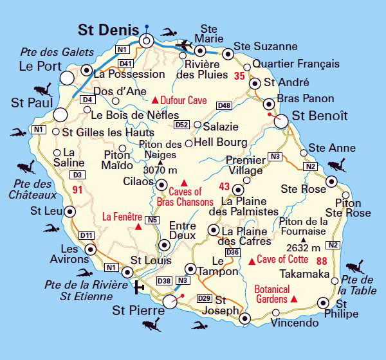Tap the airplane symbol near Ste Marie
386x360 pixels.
tap(187, 44)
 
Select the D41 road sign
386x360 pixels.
tap(125, 63)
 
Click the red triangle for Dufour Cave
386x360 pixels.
tap(154, 100)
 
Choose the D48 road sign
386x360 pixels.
tap(224, 105)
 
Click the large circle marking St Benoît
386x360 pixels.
tap(281, 120)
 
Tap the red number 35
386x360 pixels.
tap(240, 76)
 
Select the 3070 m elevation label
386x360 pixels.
tap(160, 170)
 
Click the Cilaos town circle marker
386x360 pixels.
tap(161, 184)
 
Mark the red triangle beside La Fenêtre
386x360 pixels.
tap(138, 226)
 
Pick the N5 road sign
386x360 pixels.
tap(152, 221)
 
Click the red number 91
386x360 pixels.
tap(78, 190)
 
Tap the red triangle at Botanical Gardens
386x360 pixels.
tap(294, 300)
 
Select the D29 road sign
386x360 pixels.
tap(205, 298)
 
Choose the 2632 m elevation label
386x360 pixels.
tap(304, 248)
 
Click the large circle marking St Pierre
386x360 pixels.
tap(170, 301)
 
